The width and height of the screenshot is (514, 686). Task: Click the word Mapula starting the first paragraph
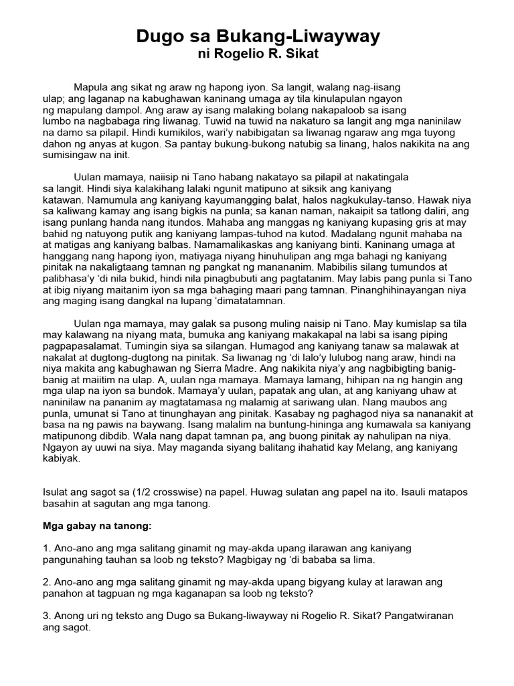(x=93, y=88)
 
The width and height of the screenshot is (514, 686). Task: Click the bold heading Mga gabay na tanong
(x=98, y=526)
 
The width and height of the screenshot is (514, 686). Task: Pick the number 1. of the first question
(x=46, y=548)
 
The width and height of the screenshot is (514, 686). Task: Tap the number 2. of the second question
(x=46, y=581)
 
